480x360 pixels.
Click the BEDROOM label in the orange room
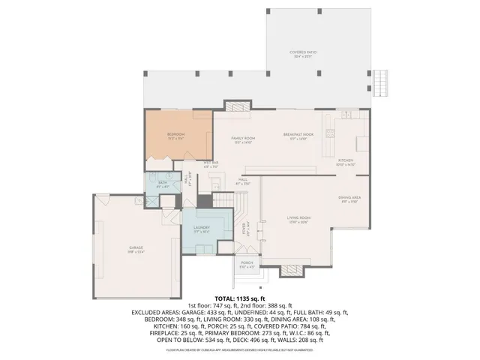tap(176, 135)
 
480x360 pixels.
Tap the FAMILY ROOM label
tap(243, 139)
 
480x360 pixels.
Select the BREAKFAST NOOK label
tap(298, 135)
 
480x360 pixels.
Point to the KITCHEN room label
tap(345, 161)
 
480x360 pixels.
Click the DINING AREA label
tap(351, 199)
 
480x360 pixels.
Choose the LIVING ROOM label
tap(298, 219)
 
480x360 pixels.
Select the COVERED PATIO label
tap(303, 53)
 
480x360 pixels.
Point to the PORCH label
tap(247, 265)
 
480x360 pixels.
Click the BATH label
tap(162, 182)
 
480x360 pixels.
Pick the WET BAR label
tap(210, 163)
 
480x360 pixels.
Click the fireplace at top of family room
tap(229, 105)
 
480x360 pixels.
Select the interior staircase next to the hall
tap(225, 199)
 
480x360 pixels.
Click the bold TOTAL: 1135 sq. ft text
tap(239, 298)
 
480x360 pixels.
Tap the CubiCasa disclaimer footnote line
tap(239, 349)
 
